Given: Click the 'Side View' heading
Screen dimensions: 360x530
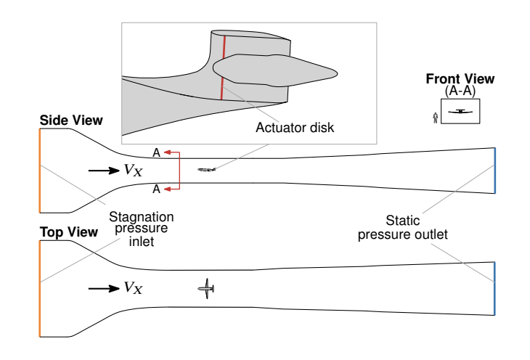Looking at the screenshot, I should [71, 120].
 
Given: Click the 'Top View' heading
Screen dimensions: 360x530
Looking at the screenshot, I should [68, 232].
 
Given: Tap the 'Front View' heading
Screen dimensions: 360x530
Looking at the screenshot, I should [460, 79].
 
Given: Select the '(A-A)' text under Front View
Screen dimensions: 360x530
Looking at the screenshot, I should [460, 90].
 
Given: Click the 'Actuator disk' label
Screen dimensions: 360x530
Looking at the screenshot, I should [294, 128].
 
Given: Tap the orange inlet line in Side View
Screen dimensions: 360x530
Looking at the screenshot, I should [40, 170].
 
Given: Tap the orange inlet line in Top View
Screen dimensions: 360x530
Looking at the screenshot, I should [40, 288].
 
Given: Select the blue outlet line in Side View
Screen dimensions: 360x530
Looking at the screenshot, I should [494, 171].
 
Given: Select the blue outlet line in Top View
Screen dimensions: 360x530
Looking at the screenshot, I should [494, 288].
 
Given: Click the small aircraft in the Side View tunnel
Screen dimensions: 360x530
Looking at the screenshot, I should [207, 170].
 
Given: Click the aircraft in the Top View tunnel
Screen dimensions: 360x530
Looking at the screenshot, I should [207, 289].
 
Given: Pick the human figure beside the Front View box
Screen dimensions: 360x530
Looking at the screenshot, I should [435, 117].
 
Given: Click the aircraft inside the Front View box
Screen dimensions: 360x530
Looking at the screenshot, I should [460, 111].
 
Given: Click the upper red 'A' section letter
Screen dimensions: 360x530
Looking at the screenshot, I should [155, 152].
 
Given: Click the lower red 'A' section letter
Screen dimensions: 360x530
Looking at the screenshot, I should [155, 189].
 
